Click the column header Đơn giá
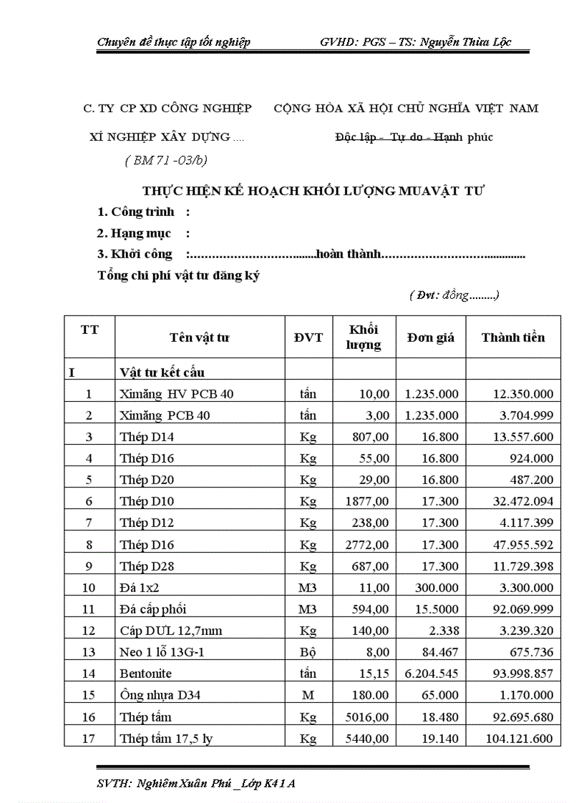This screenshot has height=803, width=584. click(431, 338)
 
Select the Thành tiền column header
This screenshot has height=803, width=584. click(512, 338)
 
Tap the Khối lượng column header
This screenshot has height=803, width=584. click(364, 338)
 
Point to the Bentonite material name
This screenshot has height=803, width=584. click(146, 674)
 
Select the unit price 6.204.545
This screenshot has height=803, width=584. click(432, 674)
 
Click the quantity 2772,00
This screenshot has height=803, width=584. click(367, 545)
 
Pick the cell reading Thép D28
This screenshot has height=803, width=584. click(147, 566)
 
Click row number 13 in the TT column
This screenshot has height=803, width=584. click(89, 652)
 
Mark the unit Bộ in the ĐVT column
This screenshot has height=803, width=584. click(308, 652)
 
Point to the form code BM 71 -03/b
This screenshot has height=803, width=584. click(167, 160)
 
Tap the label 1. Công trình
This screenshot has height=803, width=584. click(136, 212)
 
